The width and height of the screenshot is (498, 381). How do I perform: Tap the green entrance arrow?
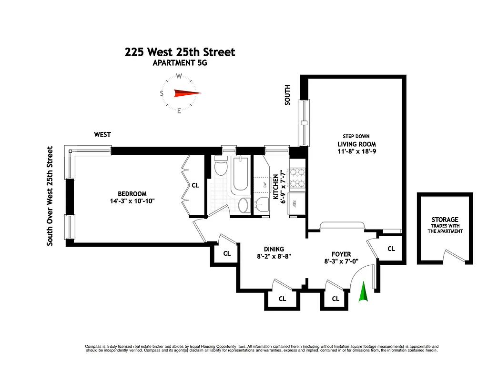364,292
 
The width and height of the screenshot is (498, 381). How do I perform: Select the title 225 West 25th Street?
180,52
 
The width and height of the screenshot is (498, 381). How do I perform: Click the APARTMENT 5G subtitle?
180,63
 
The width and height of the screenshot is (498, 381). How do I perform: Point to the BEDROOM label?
132,194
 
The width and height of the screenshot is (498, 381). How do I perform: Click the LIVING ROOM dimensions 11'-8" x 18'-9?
357,151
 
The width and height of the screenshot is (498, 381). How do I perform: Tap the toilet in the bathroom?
221,168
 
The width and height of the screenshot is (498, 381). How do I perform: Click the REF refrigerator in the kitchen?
295,203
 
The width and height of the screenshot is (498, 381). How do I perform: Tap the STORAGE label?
445,220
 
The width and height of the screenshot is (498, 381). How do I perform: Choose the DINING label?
274,249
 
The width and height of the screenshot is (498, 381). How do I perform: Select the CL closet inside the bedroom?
195,186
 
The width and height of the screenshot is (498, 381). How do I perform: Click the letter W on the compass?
179,76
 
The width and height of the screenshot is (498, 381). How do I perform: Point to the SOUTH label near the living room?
287,95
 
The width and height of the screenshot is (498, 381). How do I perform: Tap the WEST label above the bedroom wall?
102,135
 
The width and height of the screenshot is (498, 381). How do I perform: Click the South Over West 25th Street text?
49,196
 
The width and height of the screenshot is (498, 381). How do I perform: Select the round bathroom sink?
243,206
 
